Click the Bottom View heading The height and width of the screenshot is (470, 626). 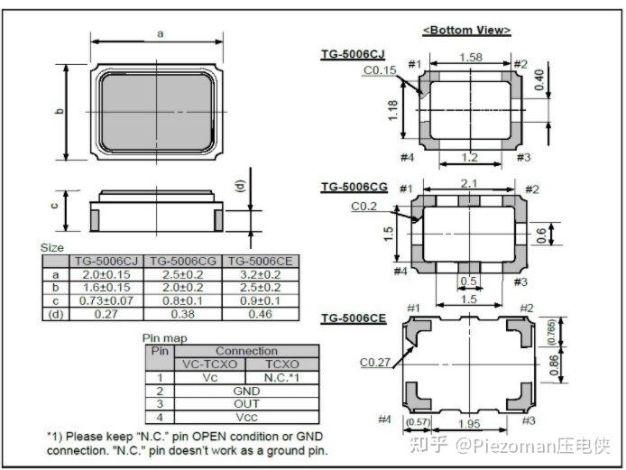466,31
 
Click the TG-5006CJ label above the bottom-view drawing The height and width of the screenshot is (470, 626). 353,54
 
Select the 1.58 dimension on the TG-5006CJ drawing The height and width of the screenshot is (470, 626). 471,57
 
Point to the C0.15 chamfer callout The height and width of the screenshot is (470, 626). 380,70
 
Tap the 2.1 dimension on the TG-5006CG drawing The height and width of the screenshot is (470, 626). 469,183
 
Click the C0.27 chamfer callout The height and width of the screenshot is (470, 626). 375,362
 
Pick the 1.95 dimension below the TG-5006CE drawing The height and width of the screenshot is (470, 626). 469,423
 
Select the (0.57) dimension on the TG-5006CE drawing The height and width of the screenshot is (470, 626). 418,421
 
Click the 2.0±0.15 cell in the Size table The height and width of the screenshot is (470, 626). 106,275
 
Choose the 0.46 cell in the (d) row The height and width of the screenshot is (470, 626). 261,314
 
